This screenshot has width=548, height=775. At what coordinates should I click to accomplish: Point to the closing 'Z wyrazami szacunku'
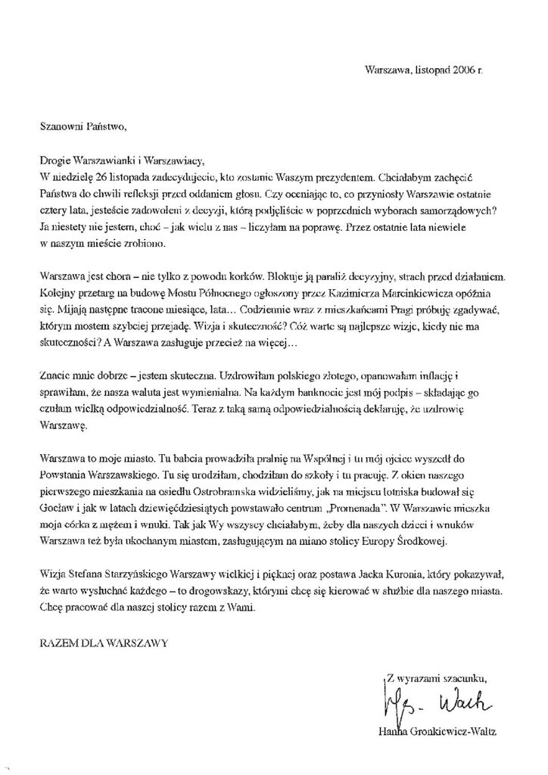click(435, 677)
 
